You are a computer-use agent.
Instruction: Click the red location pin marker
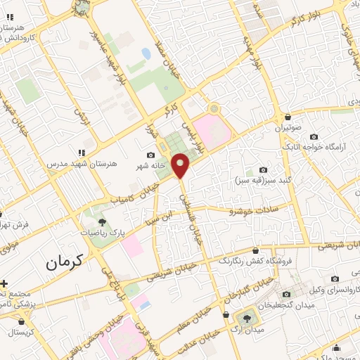pos(181,165)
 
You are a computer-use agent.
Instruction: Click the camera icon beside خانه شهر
pos(150,155)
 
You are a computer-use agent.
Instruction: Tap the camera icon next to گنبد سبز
pos(263,169)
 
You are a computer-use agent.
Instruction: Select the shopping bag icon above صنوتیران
pos(288,117)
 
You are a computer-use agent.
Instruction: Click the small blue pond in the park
pos(146,53)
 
